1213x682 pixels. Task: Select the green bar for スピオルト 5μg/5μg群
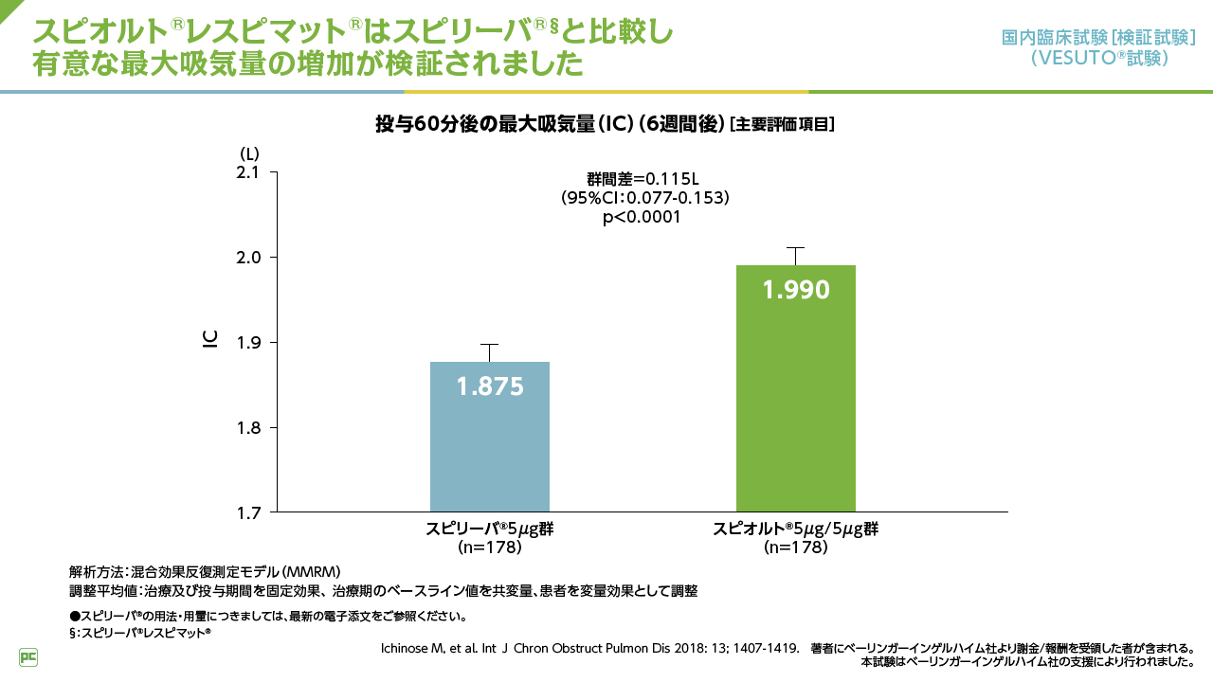795,407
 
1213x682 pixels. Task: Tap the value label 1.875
489,386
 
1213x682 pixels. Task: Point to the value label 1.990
795,290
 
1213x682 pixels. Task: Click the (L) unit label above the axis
248,153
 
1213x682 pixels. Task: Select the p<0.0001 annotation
643,217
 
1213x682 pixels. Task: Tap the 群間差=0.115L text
643,178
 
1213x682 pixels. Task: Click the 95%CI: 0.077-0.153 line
644,197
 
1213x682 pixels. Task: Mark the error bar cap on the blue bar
489,345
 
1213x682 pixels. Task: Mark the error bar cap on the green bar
795,248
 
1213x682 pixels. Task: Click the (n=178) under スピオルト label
795,547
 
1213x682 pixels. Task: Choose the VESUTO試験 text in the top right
1098,58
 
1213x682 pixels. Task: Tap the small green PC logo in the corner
28,656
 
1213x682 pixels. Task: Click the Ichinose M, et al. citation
588,649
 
